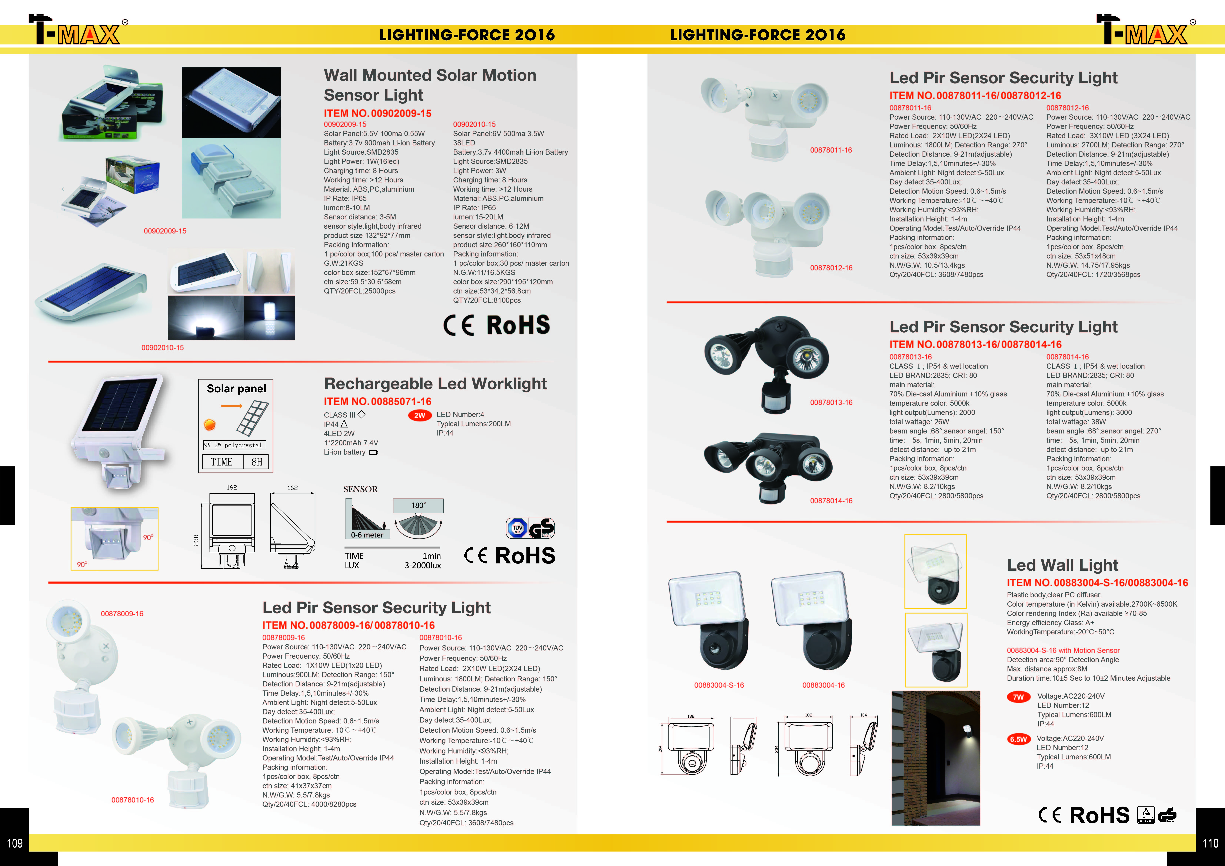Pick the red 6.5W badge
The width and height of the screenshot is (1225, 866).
[1018, 739]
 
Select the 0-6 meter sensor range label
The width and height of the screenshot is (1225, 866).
[367, 535]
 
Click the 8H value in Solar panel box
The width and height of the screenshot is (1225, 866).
[257, 462]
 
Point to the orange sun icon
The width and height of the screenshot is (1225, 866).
[210, 424]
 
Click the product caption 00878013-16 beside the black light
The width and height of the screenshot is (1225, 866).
[831, 403]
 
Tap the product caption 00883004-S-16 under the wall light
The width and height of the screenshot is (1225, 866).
[719, 685]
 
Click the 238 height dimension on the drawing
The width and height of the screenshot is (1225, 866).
[196, 540]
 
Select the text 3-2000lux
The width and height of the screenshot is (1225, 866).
[422, 565]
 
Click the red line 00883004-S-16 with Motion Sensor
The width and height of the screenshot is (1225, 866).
[1063, 651]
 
